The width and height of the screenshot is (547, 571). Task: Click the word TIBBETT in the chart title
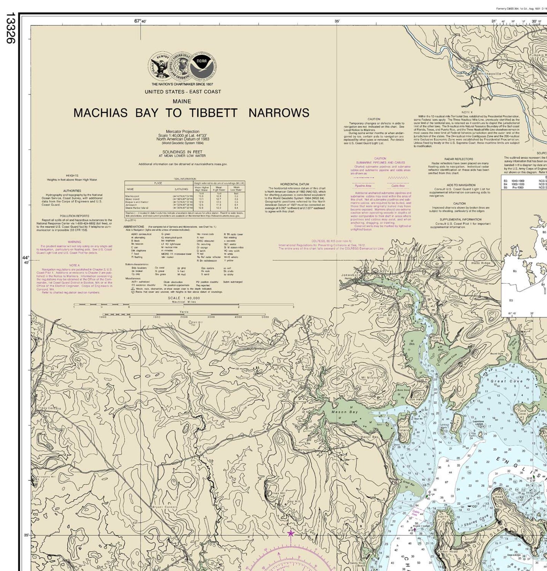click(213, 113)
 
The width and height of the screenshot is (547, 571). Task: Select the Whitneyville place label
click(489, 74)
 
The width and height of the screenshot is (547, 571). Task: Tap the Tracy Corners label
click(49, 408)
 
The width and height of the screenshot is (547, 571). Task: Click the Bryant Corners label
click(165, 507)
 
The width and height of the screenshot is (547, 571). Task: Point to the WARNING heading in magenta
click(74, 242)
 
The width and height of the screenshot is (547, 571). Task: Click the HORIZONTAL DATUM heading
click(295, 184)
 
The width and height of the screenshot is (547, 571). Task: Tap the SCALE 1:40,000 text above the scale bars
click(184, 298)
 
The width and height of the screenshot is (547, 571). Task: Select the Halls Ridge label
click(481, 263)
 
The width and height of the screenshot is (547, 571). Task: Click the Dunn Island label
click(404, 428)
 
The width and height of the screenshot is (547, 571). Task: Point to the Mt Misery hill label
click(370, 377)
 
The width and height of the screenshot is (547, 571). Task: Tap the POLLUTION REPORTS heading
click(74, 216)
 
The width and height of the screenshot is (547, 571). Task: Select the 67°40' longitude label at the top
click(140, 21)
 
